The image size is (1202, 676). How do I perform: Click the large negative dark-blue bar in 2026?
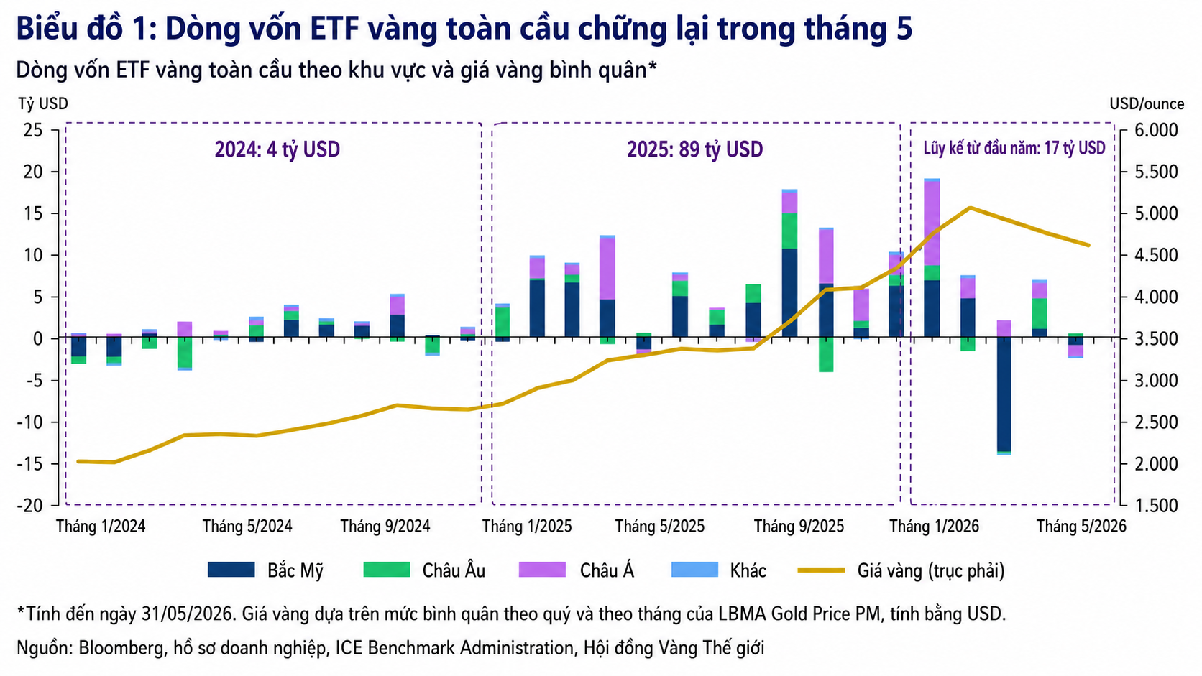(x=1004, y=394)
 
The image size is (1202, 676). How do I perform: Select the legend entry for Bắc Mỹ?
(x=265, y=570)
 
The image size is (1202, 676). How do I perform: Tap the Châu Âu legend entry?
(x=424, y=570)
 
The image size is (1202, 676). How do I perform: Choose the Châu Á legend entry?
(x=577, y=570)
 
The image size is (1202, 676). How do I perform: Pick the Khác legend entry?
(x=718, y=570)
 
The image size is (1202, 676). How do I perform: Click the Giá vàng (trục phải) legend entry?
(x=901, y=570)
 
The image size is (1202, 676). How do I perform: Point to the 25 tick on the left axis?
(x=33, y=130)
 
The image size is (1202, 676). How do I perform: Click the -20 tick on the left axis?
(x=29, y=506)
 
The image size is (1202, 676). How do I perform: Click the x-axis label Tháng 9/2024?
(x=385, y=526)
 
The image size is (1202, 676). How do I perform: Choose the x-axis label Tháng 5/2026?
(x=1081, y=526)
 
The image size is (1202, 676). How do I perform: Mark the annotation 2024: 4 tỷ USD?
(x=277, y=149)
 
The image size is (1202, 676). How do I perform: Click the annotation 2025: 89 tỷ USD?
(x=695, y=149)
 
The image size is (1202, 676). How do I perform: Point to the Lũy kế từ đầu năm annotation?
(x=1014, y=148)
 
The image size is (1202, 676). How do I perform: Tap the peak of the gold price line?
(x=971, y=208)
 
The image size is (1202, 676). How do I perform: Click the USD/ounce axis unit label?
(x=1147, y=103)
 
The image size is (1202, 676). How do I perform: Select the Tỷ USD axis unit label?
(x=43, y=103)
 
